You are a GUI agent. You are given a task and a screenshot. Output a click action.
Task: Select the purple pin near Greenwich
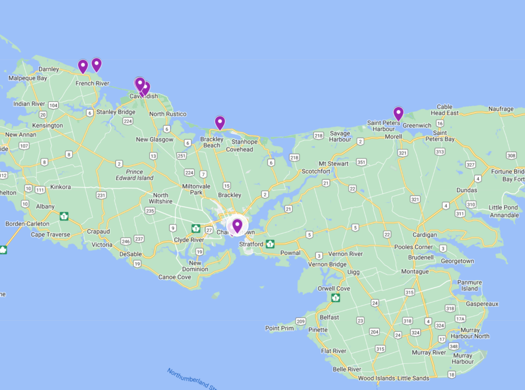click(398, 113)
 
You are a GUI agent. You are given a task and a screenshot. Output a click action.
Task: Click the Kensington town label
click(47, 126)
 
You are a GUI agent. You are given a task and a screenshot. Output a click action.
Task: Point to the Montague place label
click(415, 272)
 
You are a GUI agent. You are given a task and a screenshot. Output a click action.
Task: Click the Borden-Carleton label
click(27, 224)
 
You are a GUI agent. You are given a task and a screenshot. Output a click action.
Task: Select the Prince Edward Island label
click(134, 175)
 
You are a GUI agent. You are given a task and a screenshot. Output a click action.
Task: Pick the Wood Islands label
click(376, 378)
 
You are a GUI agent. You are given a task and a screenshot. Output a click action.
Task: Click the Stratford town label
click(251, 244)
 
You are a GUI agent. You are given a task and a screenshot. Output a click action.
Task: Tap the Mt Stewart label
click(334, 164)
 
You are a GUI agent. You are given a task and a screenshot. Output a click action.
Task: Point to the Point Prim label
click(279, 328)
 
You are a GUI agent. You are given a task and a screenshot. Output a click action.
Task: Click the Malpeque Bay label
click(28, 78)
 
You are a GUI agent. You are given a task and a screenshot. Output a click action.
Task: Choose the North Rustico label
click(168, 114)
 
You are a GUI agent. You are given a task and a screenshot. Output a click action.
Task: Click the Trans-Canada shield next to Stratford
click(270, 244)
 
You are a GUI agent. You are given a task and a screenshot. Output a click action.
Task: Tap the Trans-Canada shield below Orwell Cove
click(336, 298)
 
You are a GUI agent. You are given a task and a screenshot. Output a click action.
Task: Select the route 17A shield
click(460, 319)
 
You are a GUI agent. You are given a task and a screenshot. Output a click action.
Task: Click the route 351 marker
click(362, 162)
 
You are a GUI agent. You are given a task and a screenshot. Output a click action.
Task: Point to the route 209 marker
click(300, 321)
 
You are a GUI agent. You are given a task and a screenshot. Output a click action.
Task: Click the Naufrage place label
click(501, 109)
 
